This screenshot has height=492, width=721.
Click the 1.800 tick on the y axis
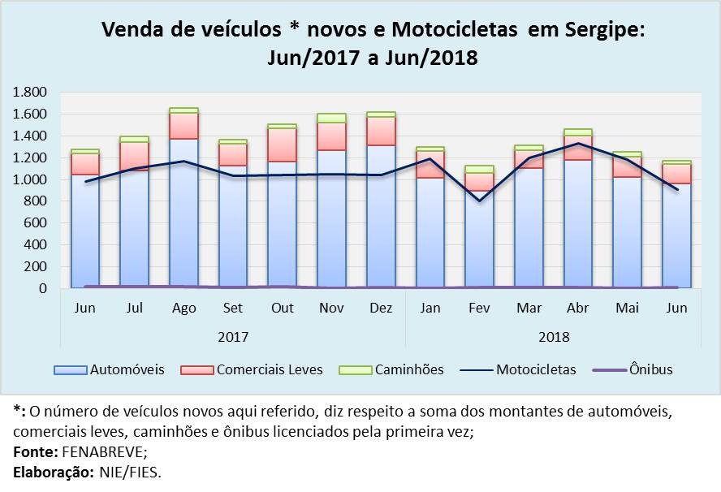coord(30,93)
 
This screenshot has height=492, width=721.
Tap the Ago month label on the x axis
coord(183,309)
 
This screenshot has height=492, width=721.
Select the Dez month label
coord(380,309)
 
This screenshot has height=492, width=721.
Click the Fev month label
coord(479,309)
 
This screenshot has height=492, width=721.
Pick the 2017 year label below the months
coord(233,336)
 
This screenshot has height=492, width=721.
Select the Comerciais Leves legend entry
coord(269,369)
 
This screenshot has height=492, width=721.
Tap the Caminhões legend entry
coord(408,369)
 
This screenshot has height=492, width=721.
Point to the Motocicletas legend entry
coord(535,369)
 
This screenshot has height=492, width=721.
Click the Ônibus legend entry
coord(650,369)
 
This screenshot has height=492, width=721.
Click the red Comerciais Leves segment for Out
coord(282,145)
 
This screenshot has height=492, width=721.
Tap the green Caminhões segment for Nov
coord(331,118)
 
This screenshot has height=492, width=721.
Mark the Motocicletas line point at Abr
coord(577,144)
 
